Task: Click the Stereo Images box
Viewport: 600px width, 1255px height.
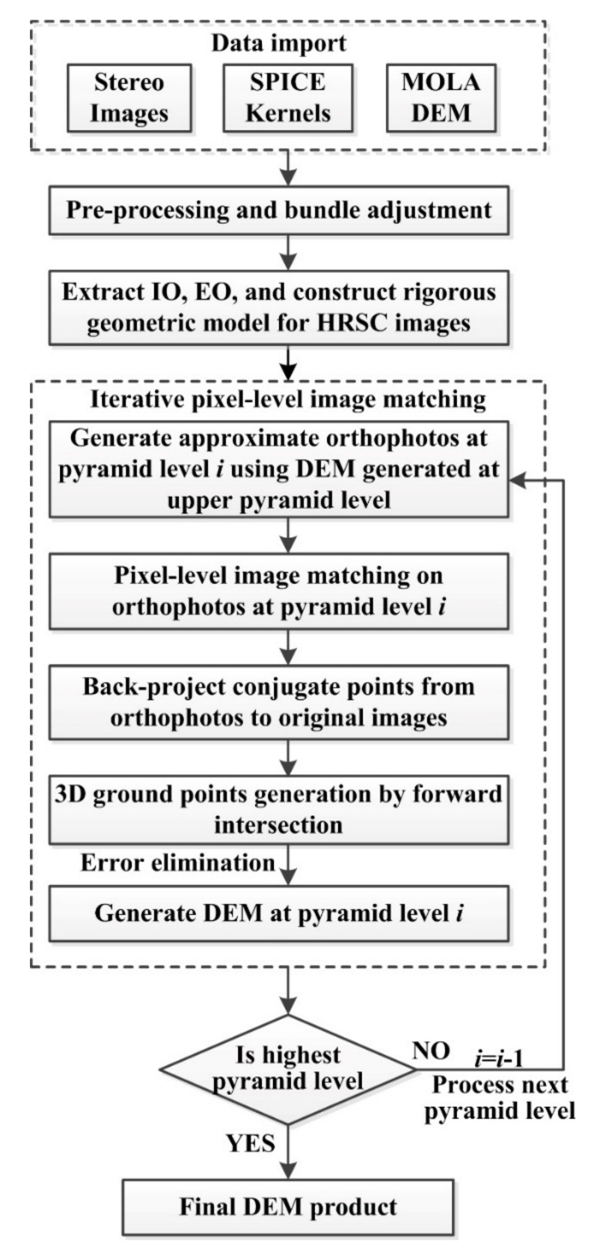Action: click(129, 98)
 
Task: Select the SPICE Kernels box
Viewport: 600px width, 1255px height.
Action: click(288, 98)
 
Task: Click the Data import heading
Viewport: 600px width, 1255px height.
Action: click(279, 43)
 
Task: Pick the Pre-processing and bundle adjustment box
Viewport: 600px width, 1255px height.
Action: click(279, 210)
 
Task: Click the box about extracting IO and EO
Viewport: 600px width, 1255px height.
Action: click(279, 307)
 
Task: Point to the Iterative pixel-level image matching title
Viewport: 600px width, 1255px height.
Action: click(288, 400)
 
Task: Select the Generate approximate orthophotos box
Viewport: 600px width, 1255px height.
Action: click(279, 469)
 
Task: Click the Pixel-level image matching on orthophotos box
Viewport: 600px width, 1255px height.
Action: click(279, 591)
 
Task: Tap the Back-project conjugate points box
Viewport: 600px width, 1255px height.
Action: click(279, 702)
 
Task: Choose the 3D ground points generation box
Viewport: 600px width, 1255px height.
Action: click(279, 809)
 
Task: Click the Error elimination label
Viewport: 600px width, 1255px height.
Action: click(178, 863)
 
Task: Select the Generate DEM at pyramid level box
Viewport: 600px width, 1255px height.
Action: click(279, 913)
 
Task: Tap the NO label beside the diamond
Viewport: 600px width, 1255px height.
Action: click(431, 1051)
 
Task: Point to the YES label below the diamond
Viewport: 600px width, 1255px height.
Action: click(251, 1143)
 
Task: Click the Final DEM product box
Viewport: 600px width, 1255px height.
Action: click(288, 1207)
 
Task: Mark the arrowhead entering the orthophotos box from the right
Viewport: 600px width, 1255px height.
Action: click(516, 481)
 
